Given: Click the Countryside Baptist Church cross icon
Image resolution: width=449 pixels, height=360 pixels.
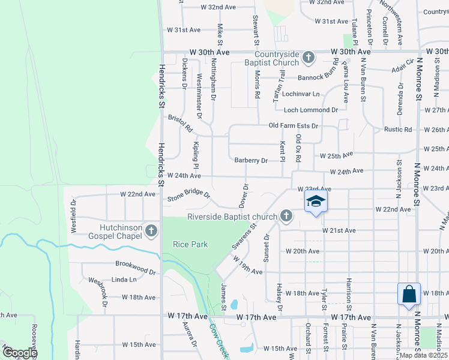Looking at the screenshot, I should click(x=309, y=58).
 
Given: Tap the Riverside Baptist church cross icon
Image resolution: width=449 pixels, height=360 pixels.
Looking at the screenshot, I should click(x=286, y=216).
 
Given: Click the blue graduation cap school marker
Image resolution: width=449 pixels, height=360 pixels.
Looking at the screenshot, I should click(x=316, y=202).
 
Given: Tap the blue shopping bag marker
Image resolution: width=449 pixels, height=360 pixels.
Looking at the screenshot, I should click(x=409, y=294).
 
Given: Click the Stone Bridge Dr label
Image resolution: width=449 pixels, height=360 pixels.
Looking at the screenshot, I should click(x=188, y=196).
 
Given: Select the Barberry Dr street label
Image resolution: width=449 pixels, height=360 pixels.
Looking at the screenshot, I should click(x=251, y=160).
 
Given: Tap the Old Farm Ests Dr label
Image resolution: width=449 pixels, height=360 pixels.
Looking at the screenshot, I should click(x=293, y=126).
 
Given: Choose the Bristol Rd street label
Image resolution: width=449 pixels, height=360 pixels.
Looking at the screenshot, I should click(x=180, y=124).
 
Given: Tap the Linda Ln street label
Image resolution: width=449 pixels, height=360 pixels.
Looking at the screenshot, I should click(x=124, y=280).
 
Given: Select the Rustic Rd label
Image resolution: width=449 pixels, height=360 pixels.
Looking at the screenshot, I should click(x=398, y=130).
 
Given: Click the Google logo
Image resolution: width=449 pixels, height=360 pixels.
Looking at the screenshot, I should click(x=20, y=353).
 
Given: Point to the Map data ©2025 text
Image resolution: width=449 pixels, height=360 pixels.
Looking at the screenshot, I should click(x=423, y=355).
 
